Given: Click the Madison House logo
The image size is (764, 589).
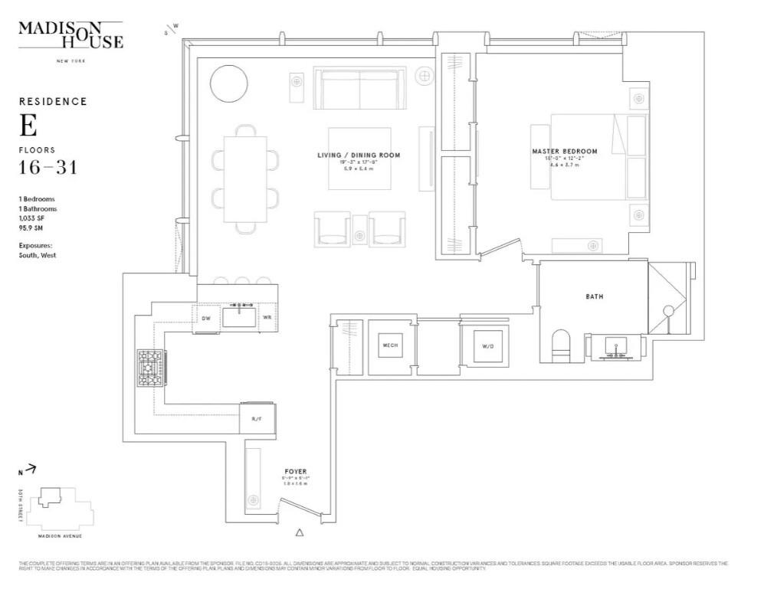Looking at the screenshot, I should pyautogui.click(x=70, y=36).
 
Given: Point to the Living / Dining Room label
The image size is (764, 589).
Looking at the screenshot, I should pyautogui.click(x=359, y=155).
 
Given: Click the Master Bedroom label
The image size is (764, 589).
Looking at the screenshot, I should pyautogui.click(x=565, y=152).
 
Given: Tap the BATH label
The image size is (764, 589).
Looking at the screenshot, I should pyautogui.click(x=594, y=296).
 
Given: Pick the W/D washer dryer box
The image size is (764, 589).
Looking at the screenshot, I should pyautogui.click(x=487, y=345).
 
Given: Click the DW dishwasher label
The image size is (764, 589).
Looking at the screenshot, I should pyautogui.click(x=205, y=318).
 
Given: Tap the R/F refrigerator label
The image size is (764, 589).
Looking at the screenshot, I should pyautogui.click(x=256, y=418).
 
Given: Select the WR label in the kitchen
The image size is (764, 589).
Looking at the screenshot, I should pyautogui.click(x=267, y=317).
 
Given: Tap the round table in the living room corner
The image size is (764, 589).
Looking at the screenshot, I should pyautogui.click(x=228, y=82).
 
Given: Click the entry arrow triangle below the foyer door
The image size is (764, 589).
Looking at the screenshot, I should pyautogui.click(x=300, y=532).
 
